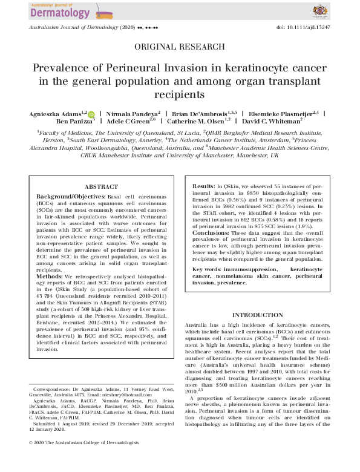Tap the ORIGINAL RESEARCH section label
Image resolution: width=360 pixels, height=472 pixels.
click(179, 47)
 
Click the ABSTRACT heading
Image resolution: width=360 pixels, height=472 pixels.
click(101, 187)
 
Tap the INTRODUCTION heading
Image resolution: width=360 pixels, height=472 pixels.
click(257, 315)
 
